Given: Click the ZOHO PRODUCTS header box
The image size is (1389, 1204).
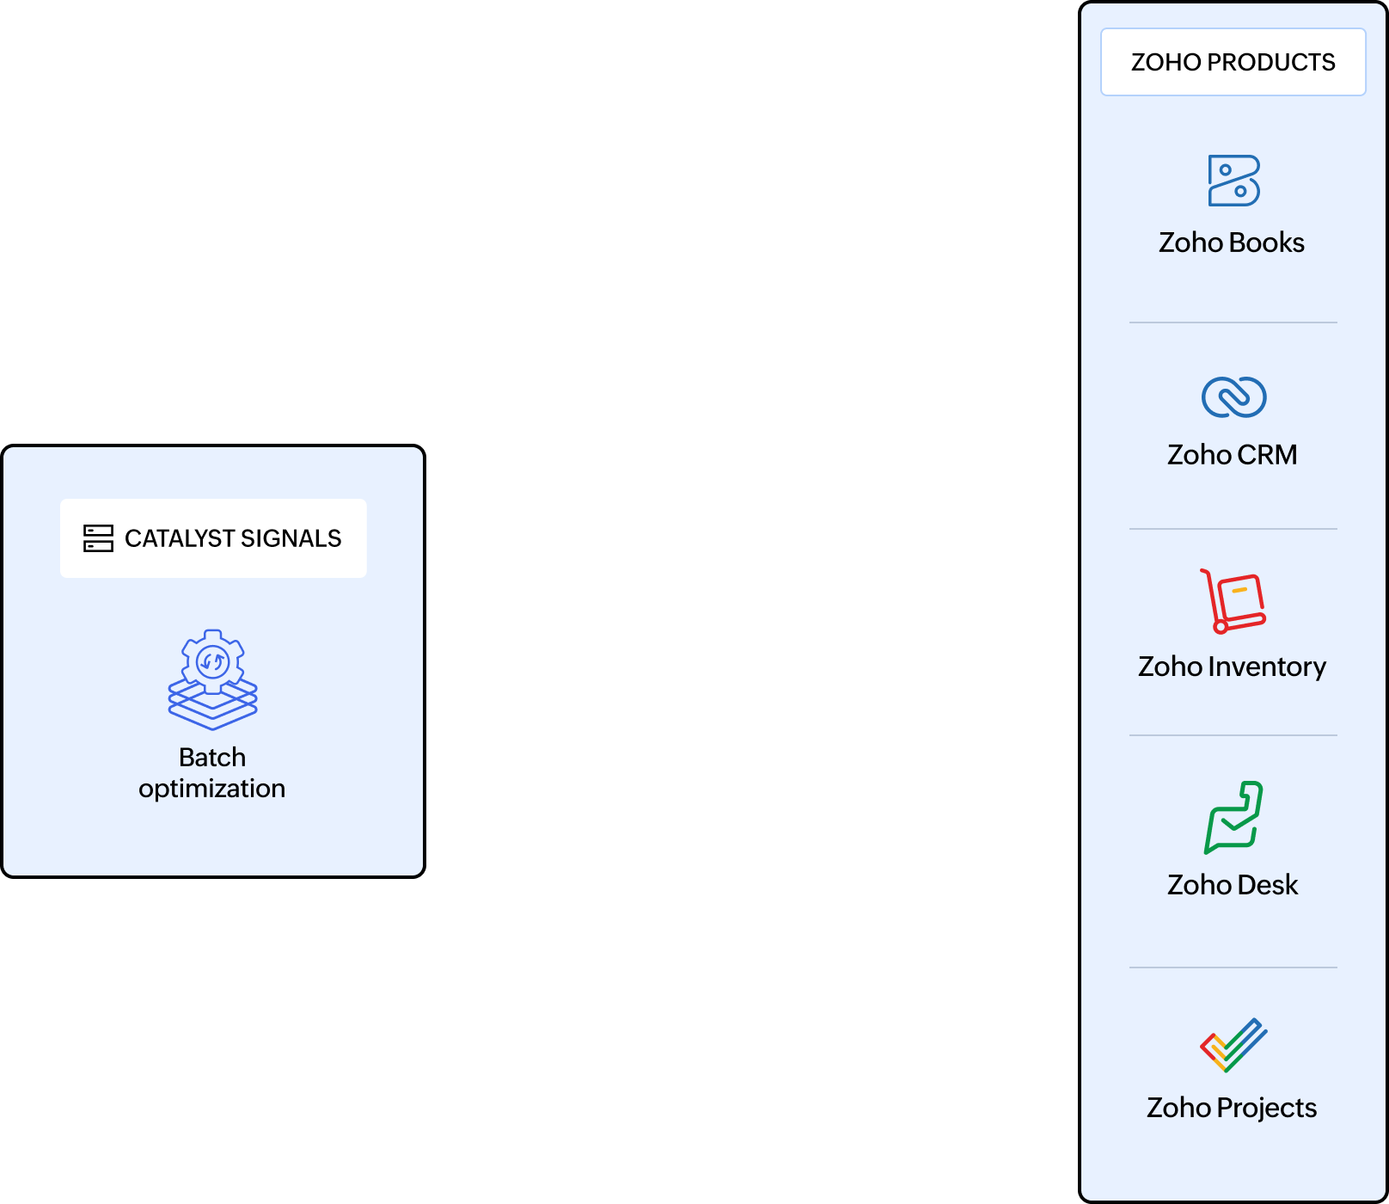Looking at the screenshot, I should click(1233, 62).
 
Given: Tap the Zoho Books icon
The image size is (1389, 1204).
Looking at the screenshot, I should click(1233, 181).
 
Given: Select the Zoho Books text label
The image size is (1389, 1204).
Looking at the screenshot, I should click(1231, 243).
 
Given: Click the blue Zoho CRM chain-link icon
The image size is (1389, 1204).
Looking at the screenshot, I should click(1233, 397).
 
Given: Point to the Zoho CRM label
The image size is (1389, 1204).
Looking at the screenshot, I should click(1232, 454).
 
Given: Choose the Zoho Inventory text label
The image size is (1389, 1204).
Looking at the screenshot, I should click(1232, 666).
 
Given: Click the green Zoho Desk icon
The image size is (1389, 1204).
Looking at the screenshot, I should click(1233, 817).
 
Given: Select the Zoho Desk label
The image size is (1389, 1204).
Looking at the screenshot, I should click(1232, 884).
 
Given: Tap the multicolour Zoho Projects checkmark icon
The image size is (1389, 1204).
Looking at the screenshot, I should click(1233, 1045).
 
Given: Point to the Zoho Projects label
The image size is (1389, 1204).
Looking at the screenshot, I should click(1231, 1108).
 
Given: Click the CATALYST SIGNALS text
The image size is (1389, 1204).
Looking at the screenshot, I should click(233, 538).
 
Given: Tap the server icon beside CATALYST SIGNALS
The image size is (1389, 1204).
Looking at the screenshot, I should click(98, 538).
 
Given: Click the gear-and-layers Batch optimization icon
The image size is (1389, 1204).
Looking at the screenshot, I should click(212, 679).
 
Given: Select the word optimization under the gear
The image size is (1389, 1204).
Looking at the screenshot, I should click(211, 789).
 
